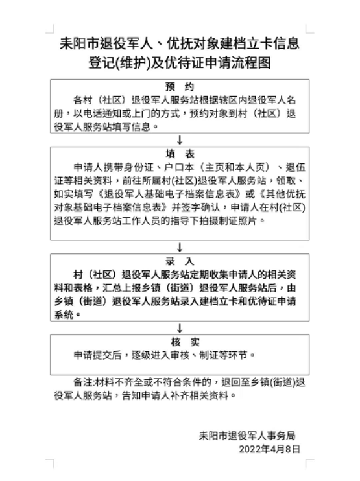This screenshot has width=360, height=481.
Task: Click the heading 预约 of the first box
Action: [180, 87]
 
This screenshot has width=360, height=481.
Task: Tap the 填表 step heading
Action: [180, 154]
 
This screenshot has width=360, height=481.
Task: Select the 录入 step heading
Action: [180, 261]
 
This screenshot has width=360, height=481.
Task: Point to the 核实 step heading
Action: [185, 342]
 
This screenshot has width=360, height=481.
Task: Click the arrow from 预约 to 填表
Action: [180, 140]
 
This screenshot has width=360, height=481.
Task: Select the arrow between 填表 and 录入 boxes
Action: [180, 247]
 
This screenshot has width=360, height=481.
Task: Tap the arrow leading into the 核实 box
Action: [180, 328]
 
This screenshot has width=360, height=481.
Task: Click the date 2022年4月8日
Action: [269, 449]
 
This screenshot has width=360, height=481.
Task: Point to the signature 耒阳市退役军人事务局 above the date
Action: [247, 436]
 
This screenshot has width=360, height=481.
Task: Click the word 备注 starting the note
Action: [83, 382]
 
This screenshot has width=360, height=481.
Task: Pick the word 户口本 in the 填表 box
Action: [179, 167]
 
